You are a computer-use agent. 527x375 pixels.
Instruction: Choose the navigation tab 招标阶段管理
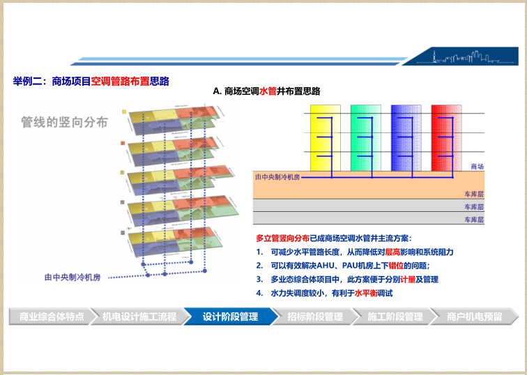pyautogui.click(x=315, y=316)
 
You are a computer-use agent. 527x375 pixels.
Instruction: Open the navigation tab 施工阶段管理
pyautogui.click(x=395, y=316)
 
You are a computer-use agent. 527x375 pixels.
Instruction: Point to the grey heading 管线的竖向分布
pyautogui.click(x=64, y=123)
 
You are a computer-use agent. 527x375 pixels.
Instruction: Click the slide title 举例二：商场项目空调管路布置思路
pyautogui.click(x=91, y=81)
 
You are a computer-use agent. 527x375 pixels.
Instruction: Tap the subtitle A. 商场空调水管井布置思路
pyautogui.click(x=267, y=91)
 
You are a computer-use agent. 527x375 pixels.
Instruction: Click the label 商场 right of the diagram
pyautogui.click(x=478, y=167)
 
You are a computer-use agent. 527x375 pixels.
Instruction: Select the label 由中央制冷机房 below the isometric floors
pyautogui.click(x=72, y=277)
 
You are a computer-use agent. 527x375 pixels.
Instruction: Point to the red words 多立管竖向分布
pyautogui.click(x=282, y=238)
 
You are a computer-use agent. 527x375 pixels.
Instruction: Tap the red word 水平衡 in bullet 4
pyautogui.click(x=367, y=293)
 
